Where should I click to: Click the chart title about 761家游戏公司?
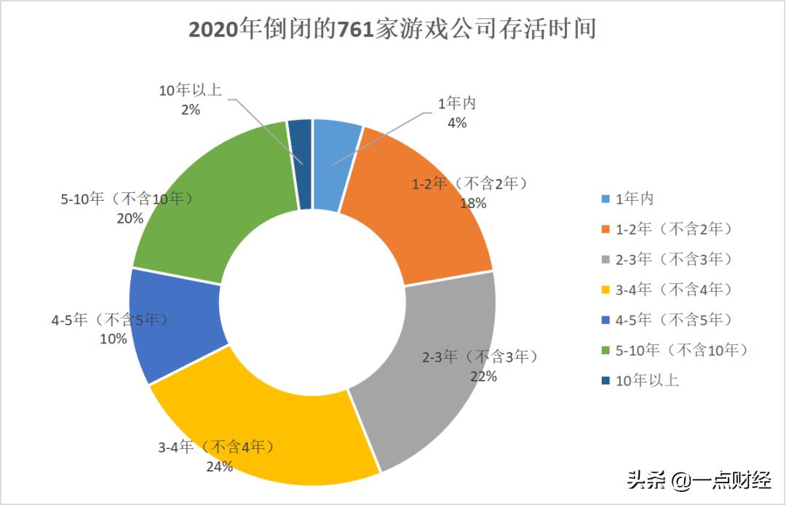click(x=393, y=29)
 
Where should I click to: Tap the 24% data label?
click(x=218, y=466)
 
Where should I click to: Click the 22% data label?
click(x=483, y=376)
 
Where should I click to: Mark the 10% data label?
click(x=114, y=338)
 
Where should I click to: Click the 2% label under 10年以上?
click(x=191, y=109)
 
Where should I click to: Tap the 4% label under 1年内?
click(x=456, y=122)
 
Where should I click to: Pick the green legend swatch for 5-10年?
click(x=606, y=350)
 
